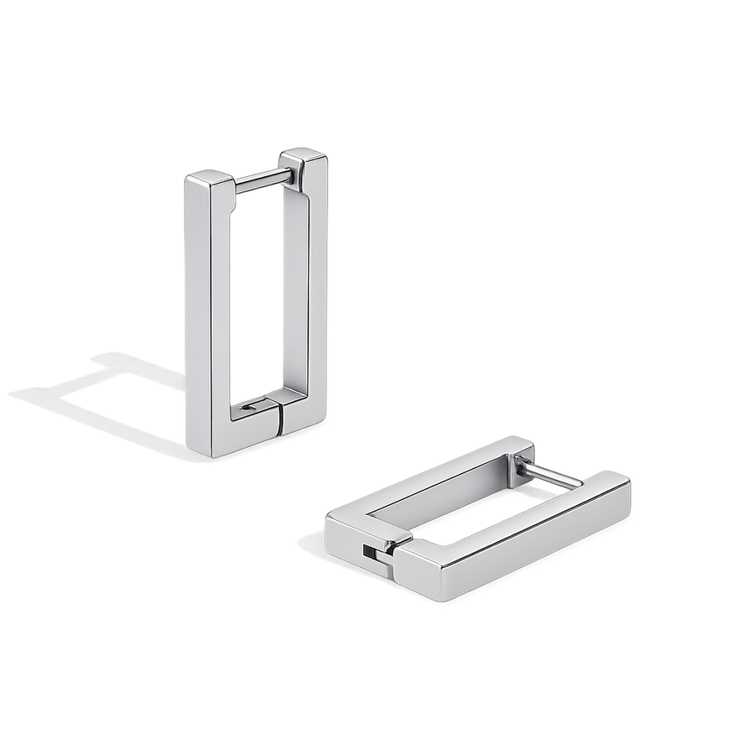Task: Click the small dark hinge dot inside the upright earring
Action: point(245,408)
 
